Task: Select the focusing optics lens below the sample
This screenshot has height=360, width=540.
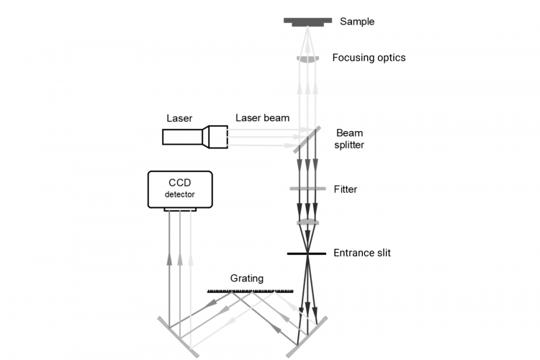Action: [x=307, y=58]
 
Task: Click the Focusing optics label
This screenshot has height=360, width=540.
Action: [x=369, y=58]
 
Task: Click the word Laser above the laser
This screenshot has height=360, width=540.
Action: [x=179, y=117]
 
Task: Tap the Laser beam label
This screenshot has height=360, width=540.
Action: [x=261, y=117]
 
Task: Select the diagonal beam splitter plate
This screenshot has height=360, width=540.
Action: [x=307, y=138]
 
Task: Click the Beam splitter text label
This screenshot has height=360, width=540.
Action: [x=350, y=139]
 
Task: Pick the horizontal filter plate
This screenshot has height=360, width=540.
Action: [x=307, y=189]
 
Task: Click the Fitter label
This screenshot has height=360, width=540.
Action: [x=345, y=189]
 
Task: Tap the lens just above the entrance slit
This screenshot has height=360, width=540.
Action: [x=307, y=222]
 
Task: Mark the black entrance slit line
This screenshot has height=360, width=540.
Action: [x=307, y=253]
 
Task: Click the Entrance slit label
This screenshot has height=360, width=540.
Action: [x=362, y=253]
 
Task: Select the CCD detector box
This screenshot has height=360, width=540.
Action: [x=180, y=189]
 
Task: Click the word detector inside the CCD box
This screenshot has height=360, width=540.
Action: [x=180, y=195]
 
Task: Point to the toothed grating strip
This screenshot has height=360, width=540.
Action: [x=250, y=291]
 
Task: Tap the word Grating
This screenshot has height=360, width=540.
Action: [x=247, y=278]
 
